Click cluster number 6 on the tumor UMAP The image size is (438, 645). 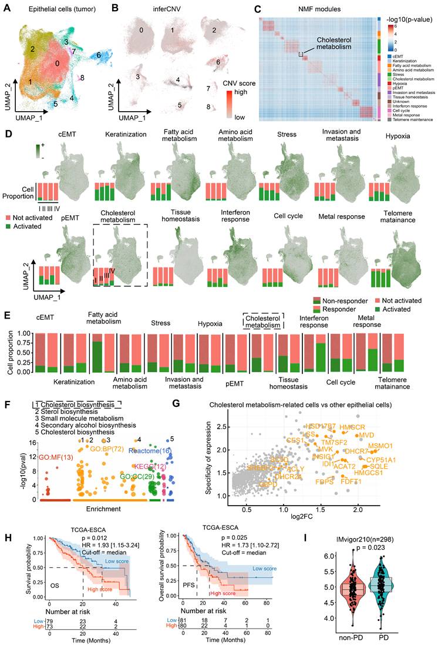point(99,55)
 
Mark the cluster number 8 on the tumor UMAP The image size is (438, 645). point(83,77)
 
